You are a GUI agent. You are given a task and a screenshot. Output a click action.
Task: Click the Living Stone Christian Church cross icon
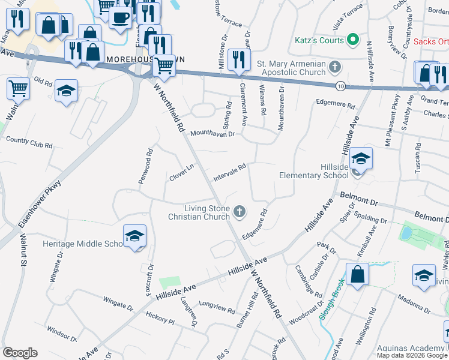240,211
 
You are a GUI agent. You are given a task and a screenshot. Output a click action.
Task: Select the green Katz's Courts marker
353,41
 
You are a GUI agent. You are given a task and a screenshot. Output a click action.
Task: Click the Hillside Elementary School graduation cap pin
361,159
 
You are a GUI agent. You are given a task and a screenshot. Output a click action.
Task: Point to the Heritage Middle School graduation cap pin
135,236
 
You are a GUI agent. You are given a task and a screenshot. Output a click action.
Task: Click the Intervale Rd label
230,173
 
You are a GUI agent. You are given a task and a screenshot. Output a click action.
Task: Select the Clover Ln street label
182,173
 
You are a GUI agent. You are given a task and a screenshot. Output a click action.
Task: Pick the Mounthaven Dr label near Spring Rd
212,134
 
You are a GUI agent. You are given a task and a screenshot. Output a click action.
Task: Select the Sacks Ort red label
431,42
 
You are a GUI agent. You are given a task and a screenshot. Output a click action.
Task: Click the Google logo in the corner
20,353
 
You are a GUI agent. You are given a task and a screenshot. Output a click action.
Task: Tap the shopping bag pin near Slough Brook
357,274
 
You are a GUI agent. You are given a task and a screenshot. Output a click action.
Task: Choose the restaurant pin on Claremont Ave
240,60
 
